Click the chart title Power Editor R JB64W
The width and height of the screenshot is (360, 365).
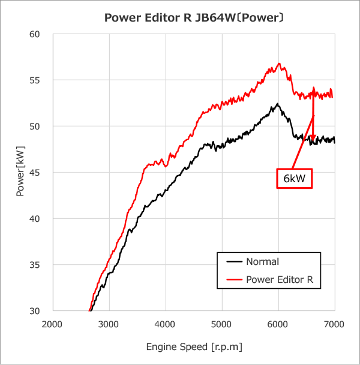pos(194,17)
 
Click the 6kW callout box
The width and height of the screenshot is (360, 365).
pos(295,179)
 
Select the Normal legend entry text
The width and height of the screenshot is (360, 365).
pos(262,261)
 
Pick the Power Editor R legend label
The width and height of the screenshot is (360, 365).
pos(280,279)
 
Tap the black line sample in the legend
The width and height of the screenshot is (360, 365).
pos(235,262)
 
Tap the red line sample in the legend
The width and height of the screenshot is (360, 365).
pos(235,280)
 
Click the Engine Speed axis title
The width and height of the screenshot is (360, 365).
pos(194,347)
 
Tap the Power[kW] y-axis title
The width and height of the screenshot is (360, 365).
pos(20,173)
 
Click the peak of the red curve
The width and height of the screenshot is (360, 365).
pos(279,64)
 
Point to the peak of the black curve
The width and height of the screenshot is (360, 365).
pos(277,104)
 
